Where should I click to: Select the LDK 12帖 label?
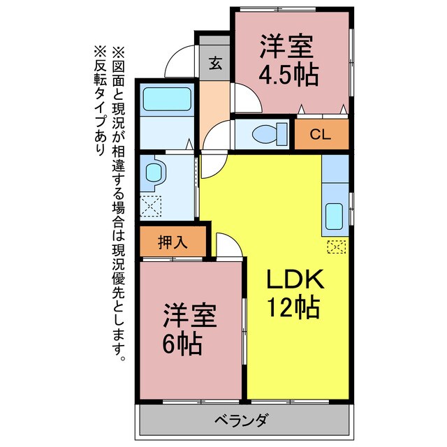(x=294, y=293)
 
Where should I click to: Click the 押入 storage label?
(x=173, y=242)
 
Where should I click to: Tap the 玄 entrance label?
(x=215, y=64)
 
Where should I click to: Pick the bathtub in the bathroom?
(x=167, y=99)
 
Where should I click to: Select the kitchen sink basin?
(x=334, y=218)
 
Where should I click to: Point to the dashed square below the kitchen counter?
(x=336, y=246)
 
